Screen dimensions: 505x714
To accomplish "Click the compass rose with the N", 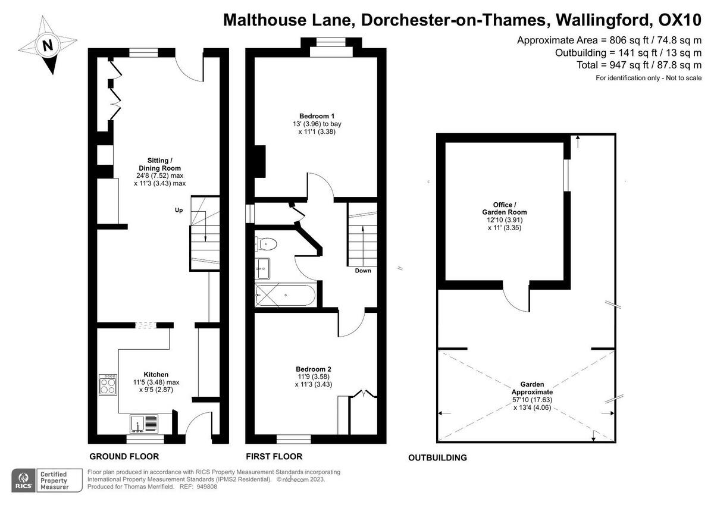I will tap(47, 45).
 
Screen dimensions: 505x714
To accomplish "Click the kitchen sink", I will tap(144, 424).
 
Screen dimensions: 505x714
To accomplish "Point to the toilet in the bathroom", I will tap(265, 243).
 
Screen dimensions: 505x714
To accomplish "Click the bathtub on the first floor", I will tap(284, 295).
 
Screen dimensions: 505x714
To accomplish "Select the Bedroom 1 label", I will tap(313, 116).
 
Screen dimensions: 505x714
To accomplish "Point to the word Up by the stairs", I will tap(178, 210).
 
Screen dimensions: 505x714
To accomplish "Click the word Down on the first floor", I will tap(362, 271).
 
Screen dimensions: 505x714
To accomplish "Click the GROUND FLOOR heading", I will tap(124, 457).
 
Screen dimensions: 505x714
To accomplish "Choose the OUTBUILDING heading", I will tap(437, 458).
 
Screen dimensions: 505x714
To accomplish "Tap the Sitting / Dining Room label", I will tap(159, 164).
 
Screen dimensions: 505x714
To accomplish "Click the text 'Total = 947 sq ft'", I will tap(613, 65).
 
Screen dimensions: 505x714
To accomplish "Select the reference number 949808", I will tap(206, 487).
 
